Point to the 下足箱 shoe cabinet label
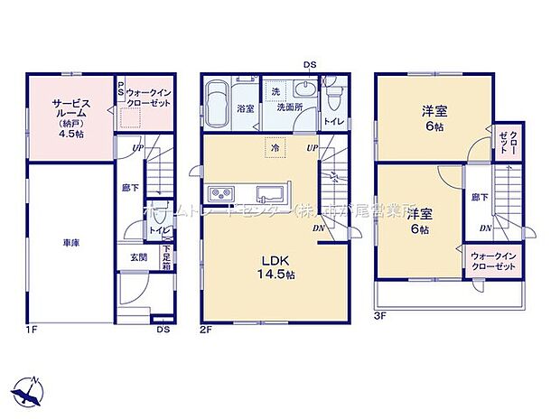click(168, 259)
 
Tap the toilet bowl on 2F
click(331, 94)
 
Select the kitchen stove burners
click(220, 195)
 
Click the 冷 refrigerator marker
click(272, 146)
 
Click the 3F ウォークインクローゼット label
click(492, 262)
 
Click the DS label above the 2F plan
click(310, 63)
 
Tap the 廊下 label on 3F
click(477, 196)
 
